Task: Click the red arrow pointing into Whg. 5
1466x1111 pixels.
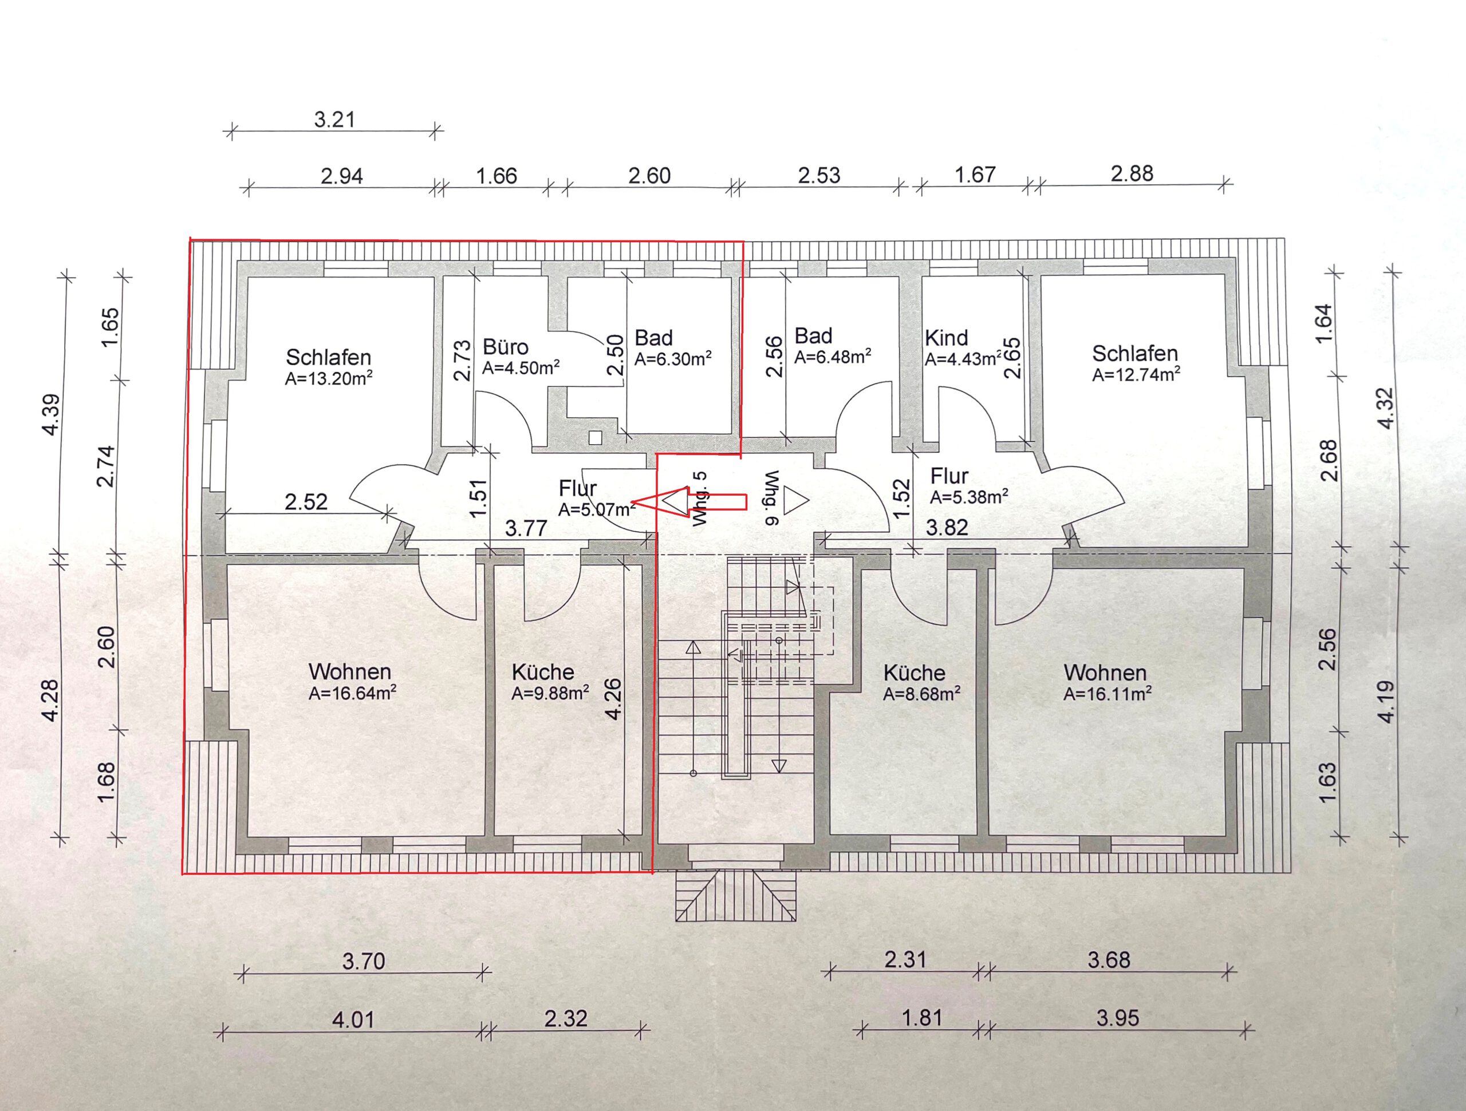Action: click(690, 501)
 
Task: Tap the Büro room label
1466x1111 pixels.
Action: click(505, 347)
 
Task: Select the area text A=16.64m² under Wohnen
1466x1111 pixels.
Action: click(353, 693)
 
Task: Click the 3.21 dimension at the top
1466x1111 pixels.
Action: click(334, 120)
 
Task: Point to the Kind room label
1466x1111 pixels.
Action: click(947, 338)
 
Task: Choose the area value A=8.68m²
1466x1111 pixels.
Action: click(922, 694)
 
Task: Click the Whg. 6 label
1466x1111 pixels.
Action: click(771, 498)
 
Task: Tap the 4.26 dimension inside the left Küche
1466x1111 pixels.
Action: click(613, 699)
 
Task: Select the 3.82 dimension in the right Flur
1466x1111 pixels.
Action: click(947, 527)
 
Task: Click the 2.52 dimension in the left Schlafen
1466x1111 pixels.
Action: click(306, 501)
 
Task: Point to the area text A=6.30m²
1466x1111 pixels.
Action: click(673, 359)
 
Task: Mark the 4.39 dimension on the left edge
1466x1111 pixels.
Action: click(51, 415)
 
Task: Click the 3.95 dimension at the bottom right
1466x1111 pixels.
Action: click(1117, 1018)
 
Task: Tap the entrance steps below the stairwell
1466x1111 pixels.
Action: click(736, 895)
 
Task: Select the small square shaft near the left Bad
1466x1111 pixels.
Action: click(595, 437)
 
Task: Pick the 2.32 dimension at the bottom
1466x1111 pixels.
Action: click(566, 1018)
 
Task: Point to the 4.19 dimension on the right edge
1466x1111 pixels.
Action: click(1386, 702)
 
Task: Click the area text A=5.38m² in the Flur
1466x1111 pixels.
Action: click(970, 497)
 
